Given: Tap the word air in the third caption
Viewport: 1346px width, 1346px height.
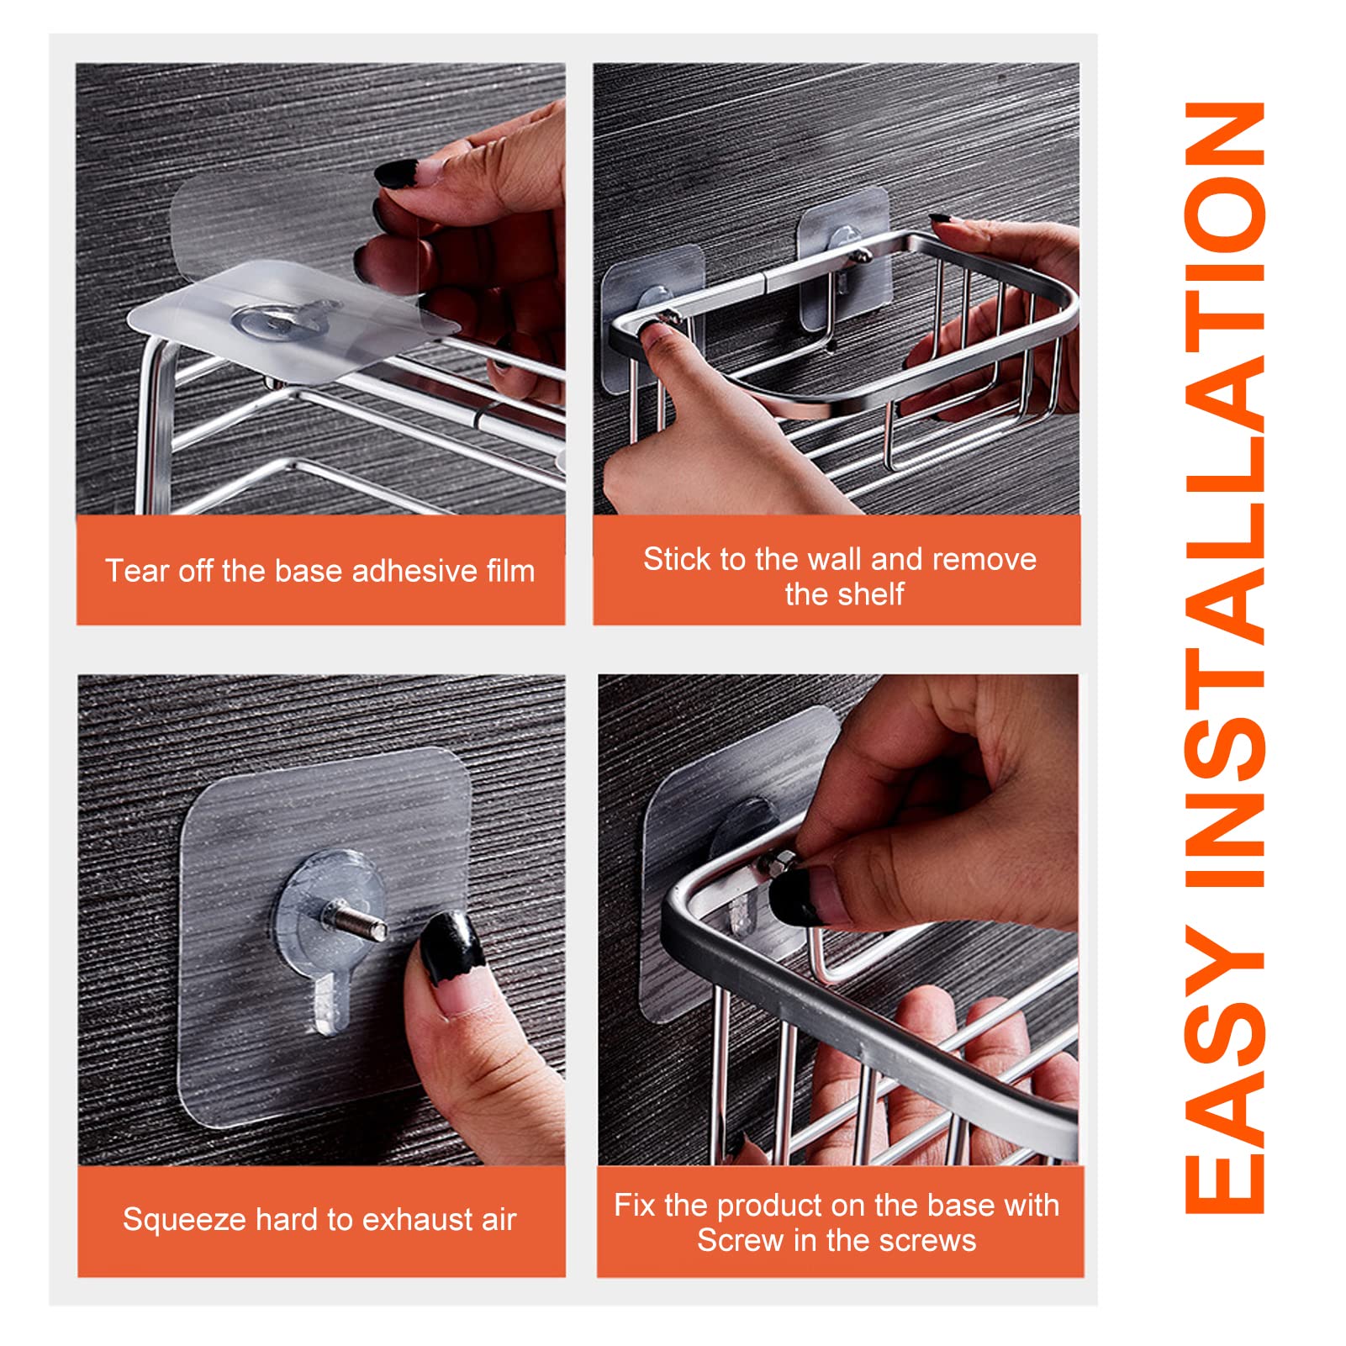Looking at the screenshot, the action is (499, 1220).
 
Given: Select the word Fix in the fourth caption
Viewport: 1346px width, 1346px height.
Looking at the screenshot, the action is (635, 1205).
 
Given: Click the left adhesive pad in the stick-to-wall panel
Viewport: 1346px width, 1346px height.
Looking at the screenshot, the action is (652, 319).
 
